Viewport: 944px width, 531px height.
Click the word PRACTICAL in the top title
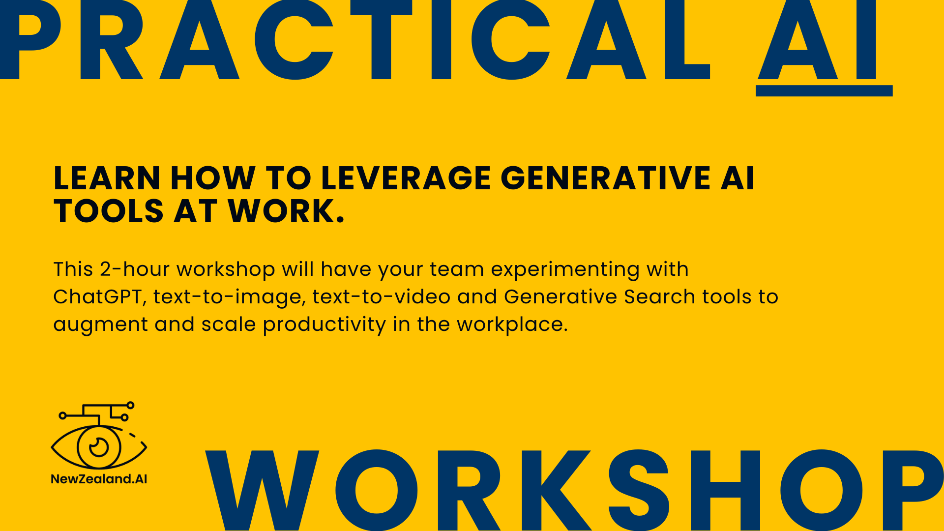tap(354, 39)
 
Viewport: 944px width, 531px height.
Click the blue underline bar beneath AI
tap(824, 91)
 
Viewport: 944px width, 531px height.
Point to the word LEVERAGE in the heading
tap(406, 178)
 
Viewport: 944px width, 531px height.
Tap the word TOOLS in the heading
tap(109, 211)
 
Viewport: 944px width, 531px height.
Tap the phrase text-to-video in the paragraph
tap(381, 297)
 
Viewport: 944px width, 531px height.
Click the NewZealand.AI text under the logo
tap(99, 479)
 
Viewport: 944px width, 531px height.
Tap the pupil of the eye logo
tap(99, 447)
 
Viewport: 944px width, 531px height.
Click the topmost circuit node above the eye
tap(130, 405)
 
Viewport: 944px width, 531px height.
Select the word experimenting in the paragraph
tap(565, 270)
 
